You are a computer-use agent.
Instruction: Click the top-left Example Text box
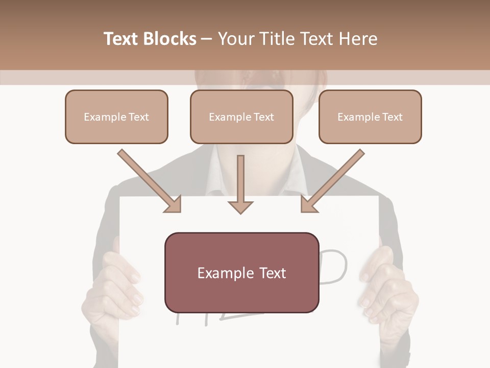point(116,117)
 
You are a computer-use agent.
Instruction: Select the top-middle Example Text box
point(241,117)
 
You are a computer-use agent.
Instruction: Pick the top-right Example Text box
point(370,117)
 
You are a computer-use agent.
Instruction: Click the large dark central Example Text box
point(241,272)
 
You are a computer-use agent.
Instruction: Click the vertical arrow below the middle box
point(240,179)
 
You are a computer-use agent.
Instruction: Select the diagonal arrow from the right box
point(337,177)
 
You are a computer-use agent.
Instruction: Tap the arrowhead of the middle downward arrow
point(240,206)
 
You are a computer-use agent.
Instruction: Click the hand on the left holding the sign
point(115,286)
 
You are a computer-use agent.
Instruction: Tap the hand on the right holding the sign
point(385,289)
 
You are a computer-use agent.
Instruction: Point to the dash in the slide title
point(207,39)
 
